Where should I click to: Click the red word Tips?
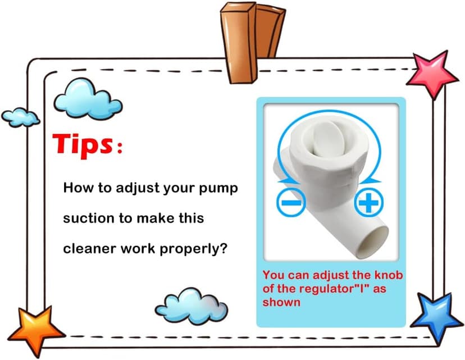83,145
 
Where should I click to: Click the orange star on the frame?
36,331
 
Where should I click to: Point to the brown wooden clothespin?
253,42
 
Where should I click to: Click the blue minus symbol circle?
291,203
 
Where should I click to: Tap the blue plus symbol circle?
368,203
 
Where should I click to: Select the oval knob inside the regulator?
329,139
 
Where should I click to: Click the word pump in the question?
218,189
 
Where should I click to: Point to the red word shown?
281,302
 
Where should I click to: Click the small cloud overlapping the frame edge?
20,117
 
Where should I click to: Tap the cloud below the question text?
192,306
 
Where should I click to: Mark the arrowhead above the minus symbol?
283,180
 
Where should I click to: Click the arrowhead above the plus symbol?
372,180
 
